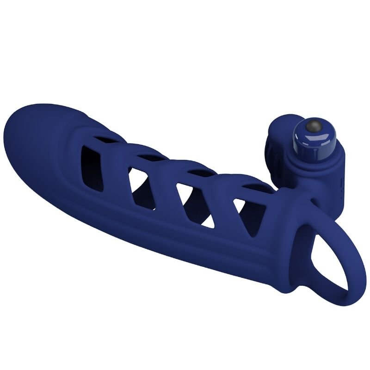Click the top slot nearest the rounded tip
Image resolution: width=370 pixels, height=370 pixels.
(107, 137)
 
